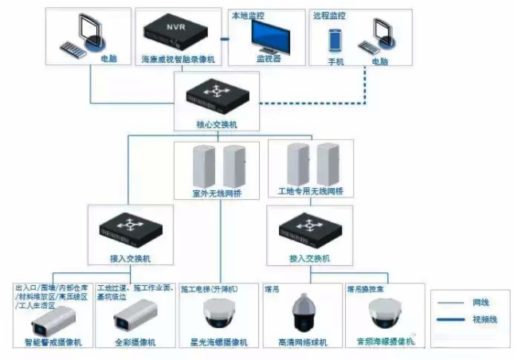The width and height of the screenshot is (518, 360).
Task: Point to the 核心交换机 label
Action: coord(216,124)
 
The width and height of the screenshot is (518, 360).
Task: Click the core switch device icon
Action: coord(216,100)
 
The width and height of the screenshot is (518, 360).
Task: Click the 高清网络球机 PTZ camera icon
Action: coord(302,314)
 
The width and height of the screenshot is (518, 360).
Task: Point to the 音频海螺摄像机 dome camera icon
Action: coord(383,317)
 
